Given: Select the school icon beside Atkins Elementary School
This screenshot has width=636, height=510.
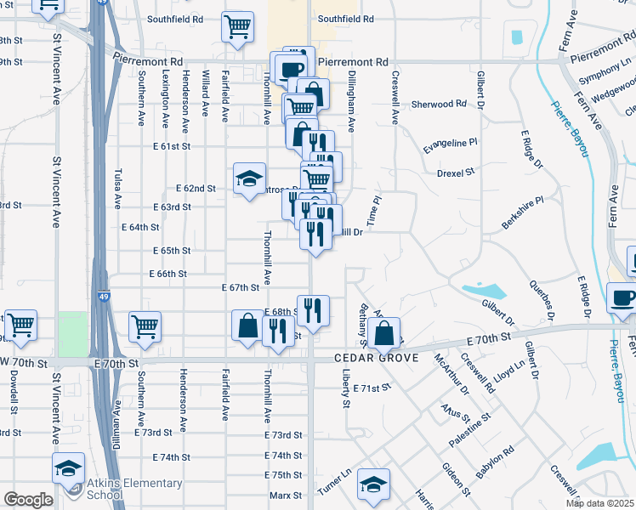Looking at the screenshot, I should (x=68, y=467).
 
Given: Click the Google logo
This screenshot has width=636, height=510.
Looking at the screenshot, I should (x=28, y=500).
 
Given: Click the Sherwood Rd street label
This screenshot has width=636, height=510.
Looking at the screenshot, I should (x=440, y=104).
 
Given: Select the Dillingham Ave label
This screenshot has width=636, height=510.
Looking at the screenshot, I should (x=351, y=101).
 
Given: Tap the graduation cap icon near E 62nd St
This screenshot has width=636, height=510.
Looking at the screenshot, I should (x=250, y=178).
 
